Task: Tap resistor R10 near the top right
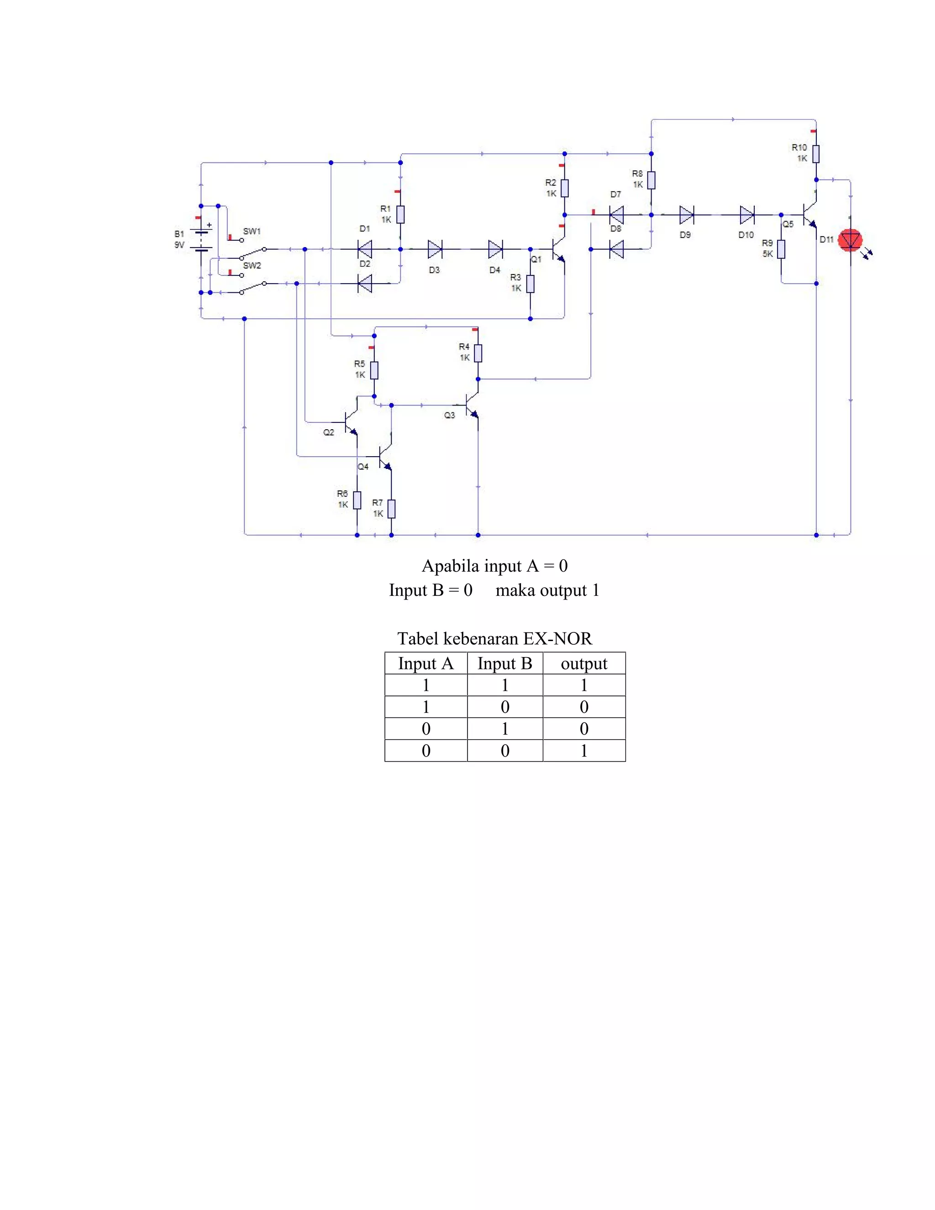click(816, 153)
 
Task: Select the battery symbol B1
click(202, 240)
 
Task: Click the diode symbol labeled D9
click(687, 215)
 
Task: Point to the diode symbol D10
click(746, 215)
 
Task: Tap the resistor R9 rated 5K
click(781, 249)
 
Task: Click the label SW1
click(252, 231)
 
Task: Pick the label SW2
click(252, 266)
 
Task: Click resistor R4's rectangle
click(478, 353)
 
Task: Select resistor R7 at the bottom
click(392, 509)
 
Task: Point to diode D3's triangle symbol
click(435, 249)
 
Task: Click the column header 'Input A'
click(425, 664)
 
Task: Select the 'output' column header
click(584, 664)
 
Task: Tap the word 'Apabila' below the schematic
click(450, 566)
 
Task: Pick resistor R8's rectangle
click(651, 180)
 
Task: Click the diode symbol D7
click(616, 215)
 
